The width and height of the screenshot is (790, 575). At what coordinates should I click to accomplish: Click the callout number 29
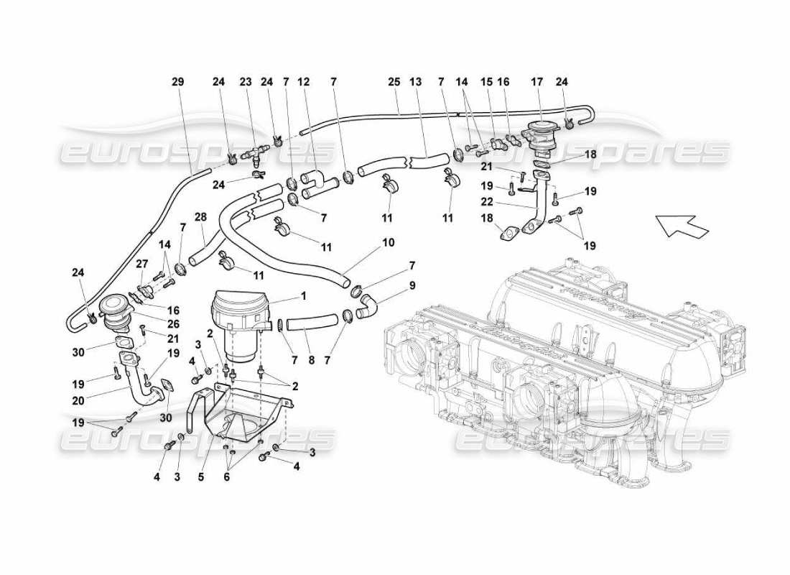[177, 82]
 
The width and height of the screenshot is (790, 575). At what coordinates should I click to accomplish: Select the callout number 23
[246, 82]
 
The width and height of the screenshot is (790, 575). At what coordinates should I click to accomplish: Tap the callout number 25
[393, 82]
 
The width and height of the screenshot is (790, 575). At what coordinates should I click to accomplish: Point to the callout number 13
[416, 82]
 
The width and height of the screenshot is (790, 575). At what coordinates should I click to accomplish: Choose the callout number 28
[201, 217]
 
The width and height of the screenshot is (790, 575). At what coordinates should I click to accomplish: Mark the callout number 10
[388, 243]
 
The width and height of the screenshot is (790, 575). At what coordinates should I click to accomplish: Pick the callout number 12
[304, 82]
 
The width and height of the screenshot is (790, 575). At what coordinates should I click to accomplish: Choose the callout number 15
[486, 82]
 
